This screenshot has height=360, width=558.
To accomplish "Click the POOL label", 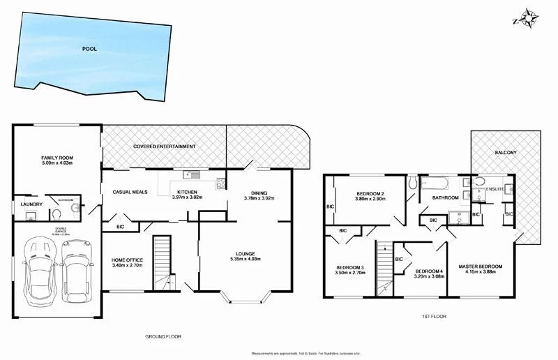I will (x=89, y=50).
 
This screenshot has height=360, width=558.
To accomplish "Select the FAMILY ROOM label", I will (x=58, y=160).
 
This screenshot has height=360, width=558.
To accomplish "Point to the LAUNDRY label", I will (x=33, y=204).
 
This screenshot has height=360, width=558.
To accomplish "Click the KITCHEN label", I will (x=187, y=192).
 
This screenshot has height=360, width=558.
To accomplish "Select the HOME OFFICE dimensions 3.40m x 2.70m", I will (x=127, y=266).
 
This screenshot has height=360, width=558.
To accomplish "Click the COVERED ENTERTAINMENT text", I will (x=165, y=147).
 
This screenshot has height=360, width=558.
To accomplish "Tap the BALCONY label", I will (x=506, y=153).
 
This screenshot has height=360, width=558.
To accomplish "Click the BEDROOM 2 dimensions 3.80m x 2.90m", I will (x=371, y=200).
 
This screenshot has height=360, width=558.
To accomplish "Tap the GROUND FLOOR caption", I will (x=163, y=336).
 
